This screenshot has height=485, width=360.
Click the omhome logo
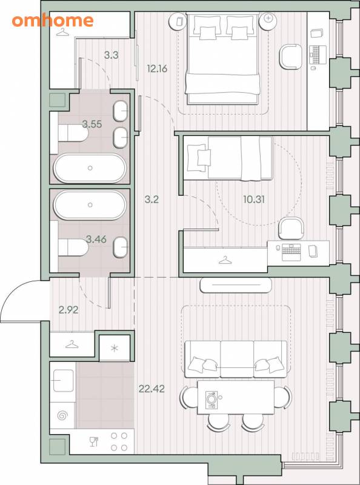pos(53,21)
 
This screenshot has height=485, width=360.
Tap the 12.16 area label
pos(157,69)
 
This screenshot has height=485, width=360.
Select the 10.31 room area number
pos(254,199)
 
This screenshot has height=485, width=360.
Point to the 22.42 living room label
pos(152,389)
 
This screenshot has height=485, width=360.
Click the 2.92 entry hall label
pos(68,310)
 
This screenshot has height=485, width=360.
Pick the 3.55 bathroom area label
pos(92,124)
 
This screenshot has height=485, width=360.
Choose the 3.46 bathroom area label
pos(96,239)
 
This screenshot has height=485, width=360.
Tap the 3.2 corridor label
pos(152,199)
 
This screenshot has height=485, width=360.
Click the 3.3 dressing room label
pos(111,55)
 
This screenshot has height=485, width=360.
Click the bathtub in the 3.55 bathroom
pos(90,168)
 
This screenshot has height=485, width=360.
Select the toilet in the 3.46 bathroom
pos(73,247)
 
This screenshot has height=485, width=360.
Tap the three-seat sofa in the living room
pos(236,359)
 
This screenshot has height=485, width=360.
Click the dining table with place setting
pos(236,397)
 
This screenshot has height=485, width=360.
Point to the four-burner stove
pos(119,442)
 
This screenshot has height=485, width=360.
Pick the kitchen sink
pos(63,381)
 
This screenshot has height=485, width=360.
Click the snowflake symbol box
pos(115,348)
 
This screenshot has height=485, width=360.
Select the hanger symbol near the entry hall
pos(72,344)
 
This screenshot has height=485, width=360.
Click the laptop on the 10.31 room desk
pos(291,252)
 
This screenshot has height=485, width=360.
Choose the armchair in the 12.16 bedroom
pos(291,56)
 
